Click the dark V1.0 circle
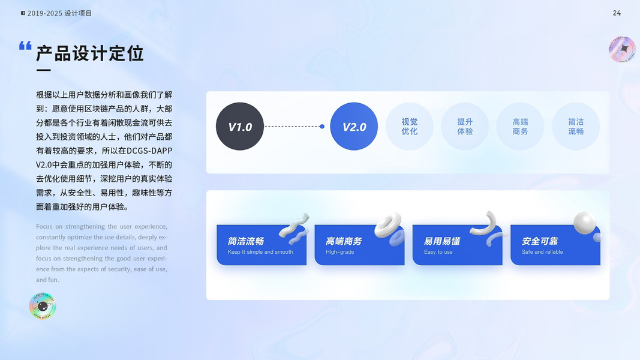click(240, 127)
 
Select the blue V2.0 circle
click(354, 127)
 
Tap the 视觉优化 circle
click(410, 127)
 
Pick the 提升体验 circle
click(465, 127)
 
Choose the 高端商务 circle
click(520, 127)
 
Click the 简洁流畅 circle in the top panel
click(576, 127)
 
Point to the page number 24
click(617, 13)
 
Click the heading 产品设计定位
click(90, 53)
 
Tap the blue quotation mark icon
click(25, 46)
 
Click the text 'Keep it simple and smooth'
click(260, 252)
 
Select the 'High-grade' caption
click(340, 252)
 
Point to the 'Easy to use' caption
click(438, 252)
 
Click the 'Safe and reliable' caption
click(542, 252)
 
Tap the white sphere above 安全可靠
click(584, 223)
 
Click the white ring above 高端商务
click(388, 226)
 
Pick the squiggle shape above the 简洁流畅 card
click(295, 225)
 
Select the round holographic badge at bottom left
click(43, 307)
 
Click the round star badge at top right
click(622, 49)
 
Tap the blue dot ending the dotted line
click(322, 127)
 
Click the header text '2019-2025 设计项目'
click(60, 13)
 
